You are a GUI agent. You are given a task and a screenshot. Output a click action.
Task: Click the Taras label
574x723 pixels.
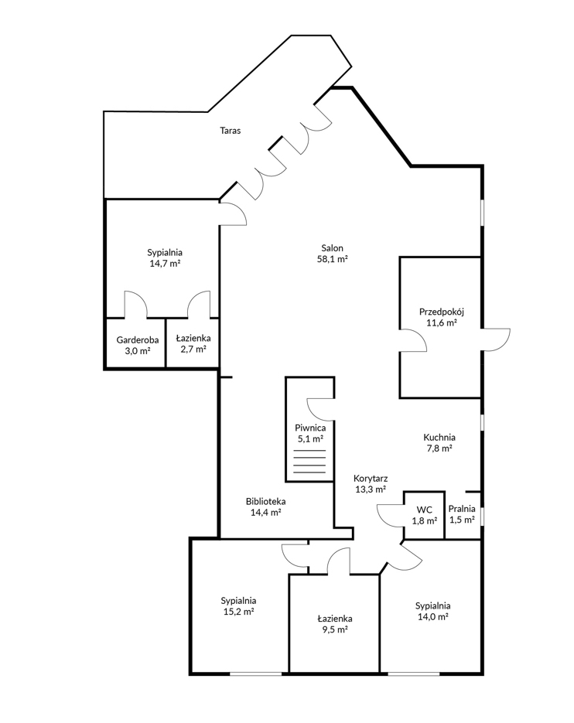[x=231, y=131]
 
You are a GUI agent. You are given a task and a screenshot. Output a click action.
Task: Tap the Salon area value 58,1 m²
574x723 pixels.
[x=332, y=259]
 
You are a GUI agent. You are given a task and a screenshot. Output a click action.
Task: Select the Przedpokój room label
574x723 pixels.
[x=442, y=312]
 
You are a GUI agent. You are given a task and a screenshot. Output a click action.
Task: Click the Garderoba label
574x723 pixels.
[x=138, y=339]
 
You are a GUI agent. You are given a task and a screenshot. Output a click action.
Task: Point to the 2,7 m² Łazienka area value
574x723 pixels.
[x=193, y=349]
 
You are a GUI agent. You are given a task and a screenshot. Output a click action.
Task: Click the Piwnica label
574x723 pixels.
[x=310, y=428]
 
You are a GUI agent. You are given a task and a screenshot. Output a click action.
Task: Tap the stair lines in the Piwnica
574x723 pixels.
[x=309, y=461]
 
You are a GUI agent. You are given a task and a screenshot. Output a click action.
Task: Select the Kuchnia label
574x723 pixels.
[x=439, y=437]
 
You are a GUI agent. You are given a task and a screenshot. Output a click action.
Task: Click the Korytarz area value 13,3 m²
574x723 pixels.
[x=371, y=489]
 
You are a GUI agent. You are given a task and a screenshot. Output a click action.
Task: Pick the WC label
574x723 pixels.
[x=425, y=510]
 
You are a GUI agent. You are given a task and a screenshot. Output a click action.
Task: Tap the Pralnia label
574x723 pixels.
[x=462, y=509]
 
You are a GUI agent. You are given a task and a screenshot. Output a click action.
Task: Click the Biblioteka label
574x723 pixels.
[x=266, y=501]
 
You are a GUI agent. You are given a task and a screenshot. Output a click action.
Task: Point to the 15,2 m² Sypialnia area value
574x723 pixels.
[x=238, y=612]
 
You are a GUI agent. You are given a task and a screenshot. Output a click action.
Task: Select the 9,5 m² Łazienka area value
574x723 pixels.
[x=335, y=630]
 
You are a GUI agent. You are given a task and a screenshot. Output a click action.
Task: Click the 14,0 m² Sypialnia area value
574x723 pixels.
[x=432, y=617]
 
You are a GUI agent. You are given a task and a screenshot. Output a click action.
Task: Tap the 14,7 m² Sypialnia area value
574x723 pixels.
[x=165, y=264]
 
